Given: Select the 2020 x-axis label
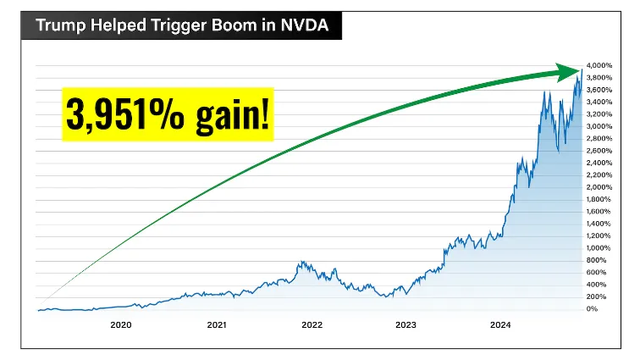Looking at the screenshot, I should pos(121,325).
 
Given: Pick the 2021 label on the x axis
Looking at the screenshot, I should pos(216,325).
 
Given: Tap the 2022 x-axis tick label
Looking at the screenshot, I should pos(311,325).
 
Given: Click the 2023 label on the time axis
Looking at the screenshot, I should pos(406,325).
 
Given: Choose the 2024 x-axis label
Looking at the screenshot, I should pos(500,325).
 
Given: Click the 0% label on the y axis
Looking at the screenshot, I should pos(593,309).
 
